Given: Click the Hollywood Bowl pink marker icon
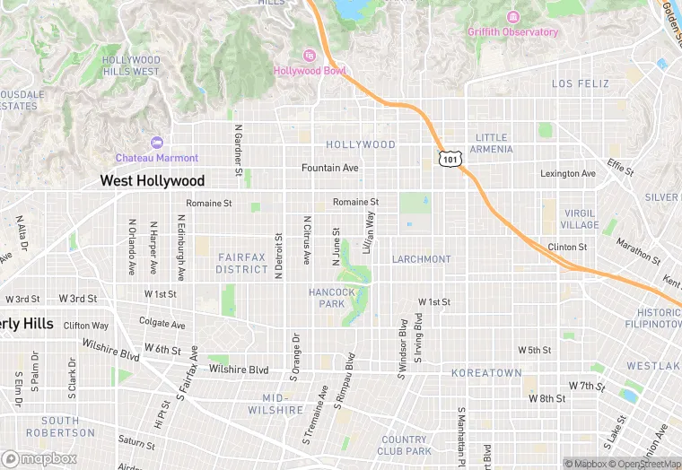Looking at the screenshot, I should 310,56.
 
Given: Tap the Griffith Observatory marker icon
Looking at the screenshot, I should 512,17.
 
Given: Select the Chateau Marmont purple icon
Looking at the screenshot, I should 157,143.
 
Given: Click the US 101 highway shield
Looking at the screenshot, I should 450,159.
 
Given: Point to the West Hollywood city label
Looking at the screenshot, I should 152,180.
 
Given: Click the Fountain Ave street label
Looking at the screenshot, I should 330,168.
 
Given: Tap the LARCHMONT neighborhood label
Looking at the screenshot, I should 421,259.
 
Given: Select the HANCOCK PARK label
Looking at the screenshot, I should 331,298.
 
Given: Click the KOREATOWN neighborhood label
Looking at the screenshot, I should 486,372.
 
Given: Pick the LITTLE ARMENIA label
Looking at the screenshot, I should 492,144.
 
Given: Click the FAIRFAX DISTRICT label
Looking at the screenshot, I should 241,263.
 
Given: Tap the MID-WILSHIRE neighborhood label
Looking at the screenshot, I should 283,404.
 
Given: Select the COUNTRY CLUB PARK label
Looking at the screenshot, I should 405,445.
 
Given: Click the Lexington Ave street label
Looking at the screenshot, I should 567,173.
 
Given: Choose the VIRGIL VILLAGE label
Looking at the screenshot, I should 579,220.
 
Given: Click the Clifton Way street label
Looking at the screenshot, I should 86,326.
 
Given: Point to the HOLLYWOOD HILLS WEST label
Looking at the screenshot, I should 131,65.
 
